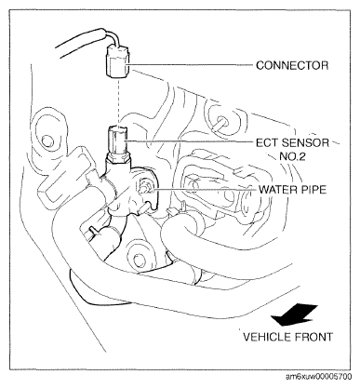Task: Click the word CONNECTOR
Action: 292,65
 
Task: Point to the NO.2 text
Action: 292,156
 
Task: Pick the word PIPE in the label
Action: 311,189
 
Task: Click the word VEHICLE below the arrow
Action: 266,337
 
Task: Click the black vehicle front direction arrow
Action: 294,315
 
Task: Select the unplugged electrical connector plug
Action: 118,61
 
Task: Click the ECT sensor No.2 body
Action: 117,140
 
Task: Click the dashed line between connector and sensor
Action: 118,101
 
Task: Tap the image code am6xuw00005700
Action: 318,377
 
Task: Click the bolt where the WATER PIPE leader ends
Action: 145,187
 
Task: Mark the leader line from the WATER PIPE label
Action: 203,189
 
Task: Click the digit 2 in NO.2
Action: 302,156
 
